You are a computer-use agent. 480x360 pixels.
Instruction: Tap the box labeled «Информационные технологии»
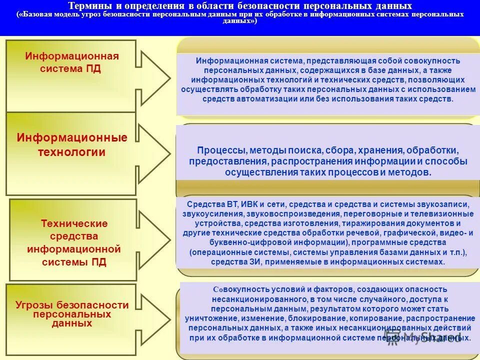tap(71, 153)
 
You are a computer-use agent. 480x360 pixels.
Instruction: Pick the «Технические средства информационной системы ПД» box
tap(73, 240)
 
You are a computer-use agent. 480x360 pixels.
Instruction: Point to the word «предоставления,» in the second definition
tap(221, 161)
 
